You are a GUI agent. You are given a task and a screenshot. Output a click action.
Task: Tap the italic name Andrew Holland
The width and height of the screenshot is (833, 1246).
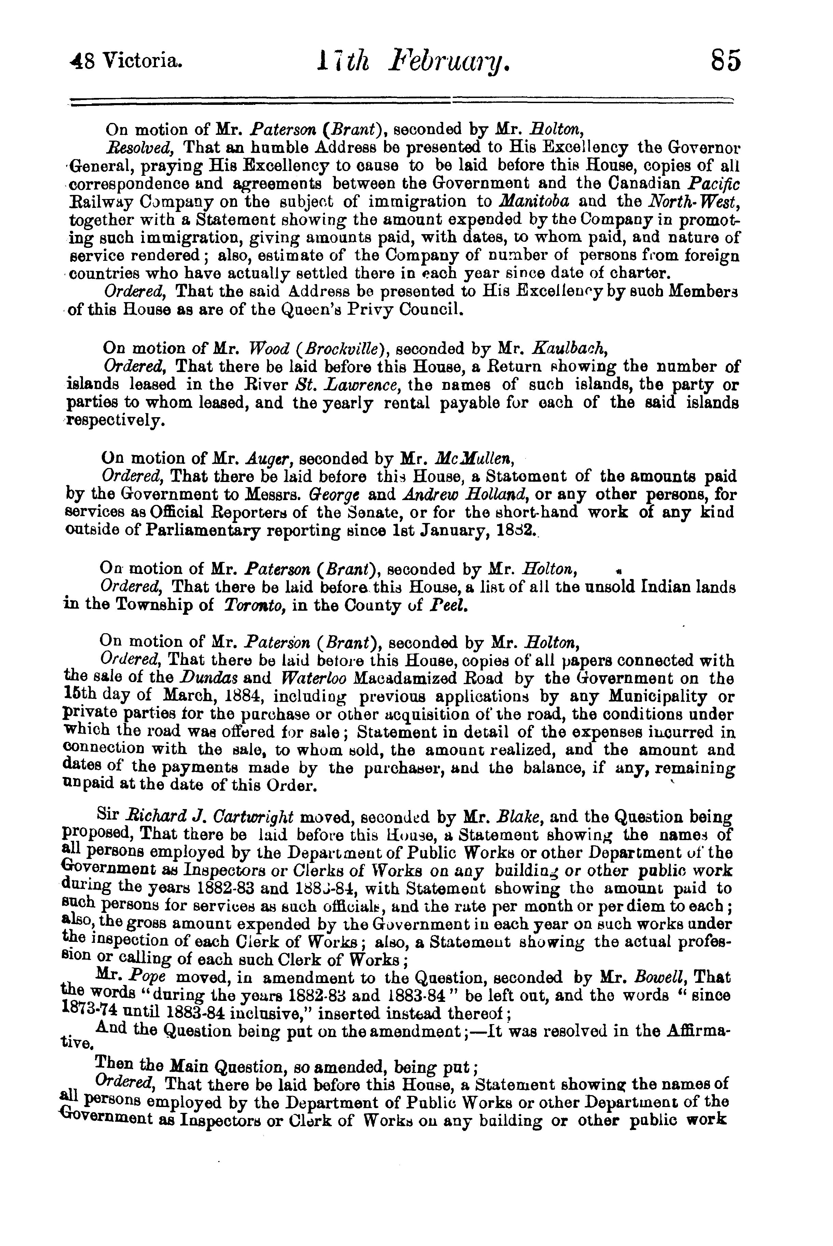tap(461, 494)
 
